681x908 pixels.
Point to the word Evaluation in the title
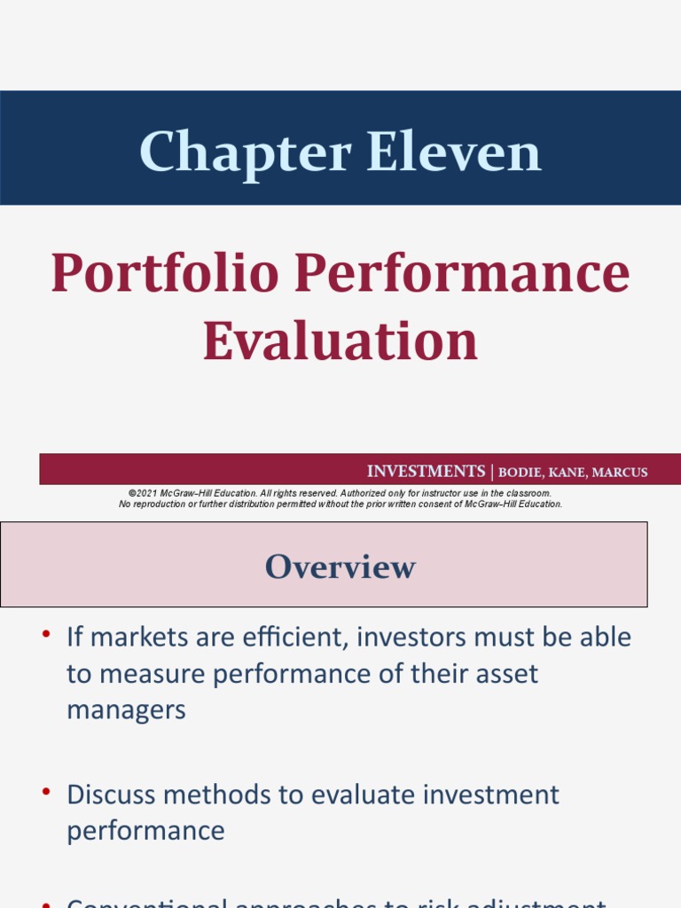tap(340, 341)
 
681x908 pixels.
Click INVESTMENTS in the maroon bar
tap(426, 472)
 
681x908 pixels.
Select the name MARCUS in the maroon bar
tap(620, 473)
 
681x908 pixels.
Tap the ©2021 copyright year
tap(143, 493)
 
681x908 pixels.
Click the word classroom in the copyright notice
tap(527, 493)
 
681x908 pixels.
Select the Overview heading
tap(340, 567)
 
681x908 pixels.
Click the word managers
tap(126, 710)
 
